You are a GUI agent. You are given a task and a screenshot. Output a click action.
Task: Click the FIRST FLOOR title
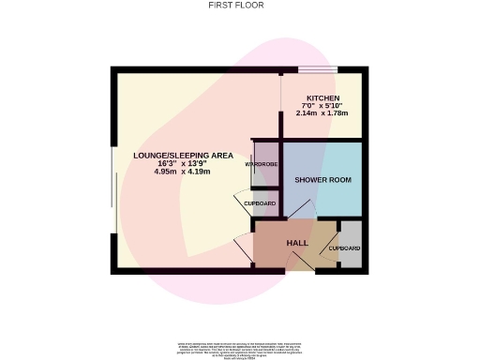[x=235, y=5]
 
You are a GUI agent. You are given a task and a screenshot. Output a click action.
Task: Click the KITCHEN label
[x=322, y=97]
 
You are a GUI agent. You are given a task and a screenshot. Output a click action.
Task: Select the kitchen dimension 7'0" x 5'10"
[x=322, y=105]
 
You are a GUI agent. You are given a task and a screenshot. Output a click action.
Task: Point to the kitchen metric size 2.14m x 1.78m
[x=322, y=113]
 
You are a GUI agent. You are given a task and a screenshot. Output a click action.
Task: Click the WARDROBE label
[x=261, y=165]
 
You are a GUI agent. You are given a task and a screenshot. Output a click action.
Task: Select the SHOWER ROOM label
[x=322, y=179]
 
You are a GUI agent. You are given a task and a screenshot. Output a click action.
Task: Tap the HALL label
[x=297, y=243]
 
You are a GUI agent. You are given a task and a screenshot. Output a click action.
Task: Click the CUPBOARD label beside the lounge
[x=260, y=203]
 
